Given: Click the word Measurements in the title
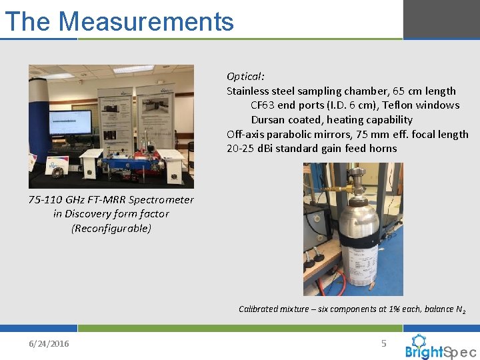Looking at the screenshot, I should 146,21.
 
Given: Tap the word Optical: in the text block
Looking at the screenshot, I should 245,76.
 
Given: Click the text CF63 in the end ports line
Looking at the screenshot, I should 263,105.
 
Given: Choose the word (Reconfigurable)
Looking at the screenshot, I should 111,228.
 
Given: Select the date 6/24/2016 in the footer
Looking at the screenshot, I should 48,343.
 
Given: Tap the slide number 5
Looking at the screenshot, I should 383,343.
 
